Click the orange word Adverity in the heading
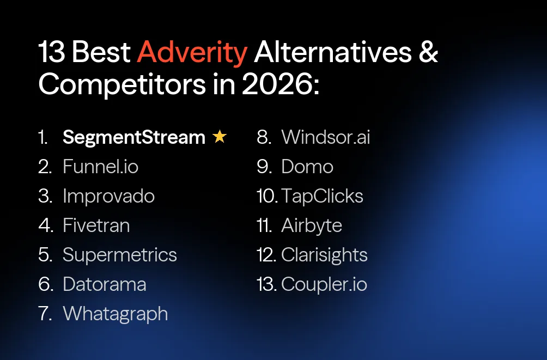192,52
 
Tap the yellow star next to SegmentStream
220,137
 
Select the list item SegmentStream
133,137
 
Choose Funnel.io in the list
100,167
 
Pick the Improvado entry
108,196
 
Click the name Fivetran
96,225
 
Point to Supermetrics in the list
120,255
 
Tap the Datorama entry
105,284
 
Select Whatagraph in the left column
116,314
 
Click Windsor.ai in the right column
325,137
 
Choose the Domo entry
307,167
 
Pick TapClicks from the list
323,196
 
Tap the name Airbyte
312,225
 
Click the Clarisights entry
324,255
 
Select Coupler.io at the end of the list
324,284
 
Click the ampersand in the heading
428,52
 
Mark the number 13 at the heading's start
51,52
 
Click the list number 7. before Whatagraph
46,314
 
